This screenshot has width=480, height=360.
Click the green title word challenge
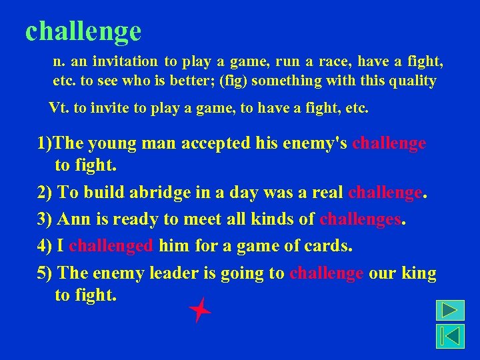click(x=83, y=31)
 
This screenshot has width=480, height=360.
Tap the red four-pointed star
click(x=199, y=310)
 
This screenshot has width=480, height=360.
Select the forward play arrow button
click(x=450, y=311)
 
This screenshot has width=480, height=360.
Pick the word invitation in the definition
click(x=125, y=62)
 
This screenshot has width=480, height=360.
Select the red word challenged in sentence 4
click(x=111, y=246)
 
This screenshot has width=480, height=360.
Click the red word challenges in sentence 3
click(x=361, y=219)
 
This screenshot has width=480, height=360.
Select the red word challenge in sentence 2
click(x=385, y=193)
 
